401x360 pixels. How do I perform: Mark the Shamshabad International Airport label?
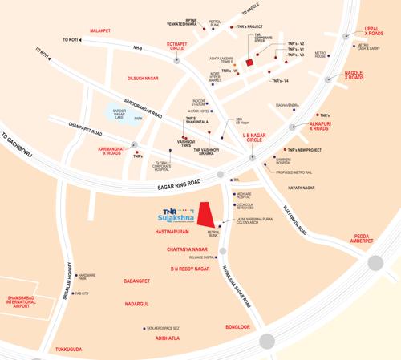22,300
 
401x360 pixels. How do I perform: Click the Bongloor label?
238,327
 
